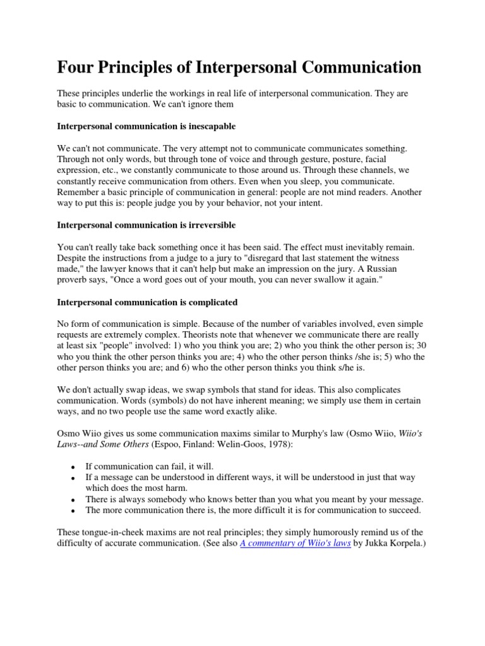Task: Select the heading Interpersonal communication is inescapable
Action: coord(146,126)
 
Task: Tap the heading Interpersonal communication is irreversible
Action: coord(144,225)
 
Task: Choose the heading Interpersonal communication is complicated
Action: coord(147,302)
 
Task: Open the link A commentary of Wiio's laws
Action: coord(296,542)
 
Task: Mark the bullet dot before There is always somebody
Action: coord(73,499)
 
